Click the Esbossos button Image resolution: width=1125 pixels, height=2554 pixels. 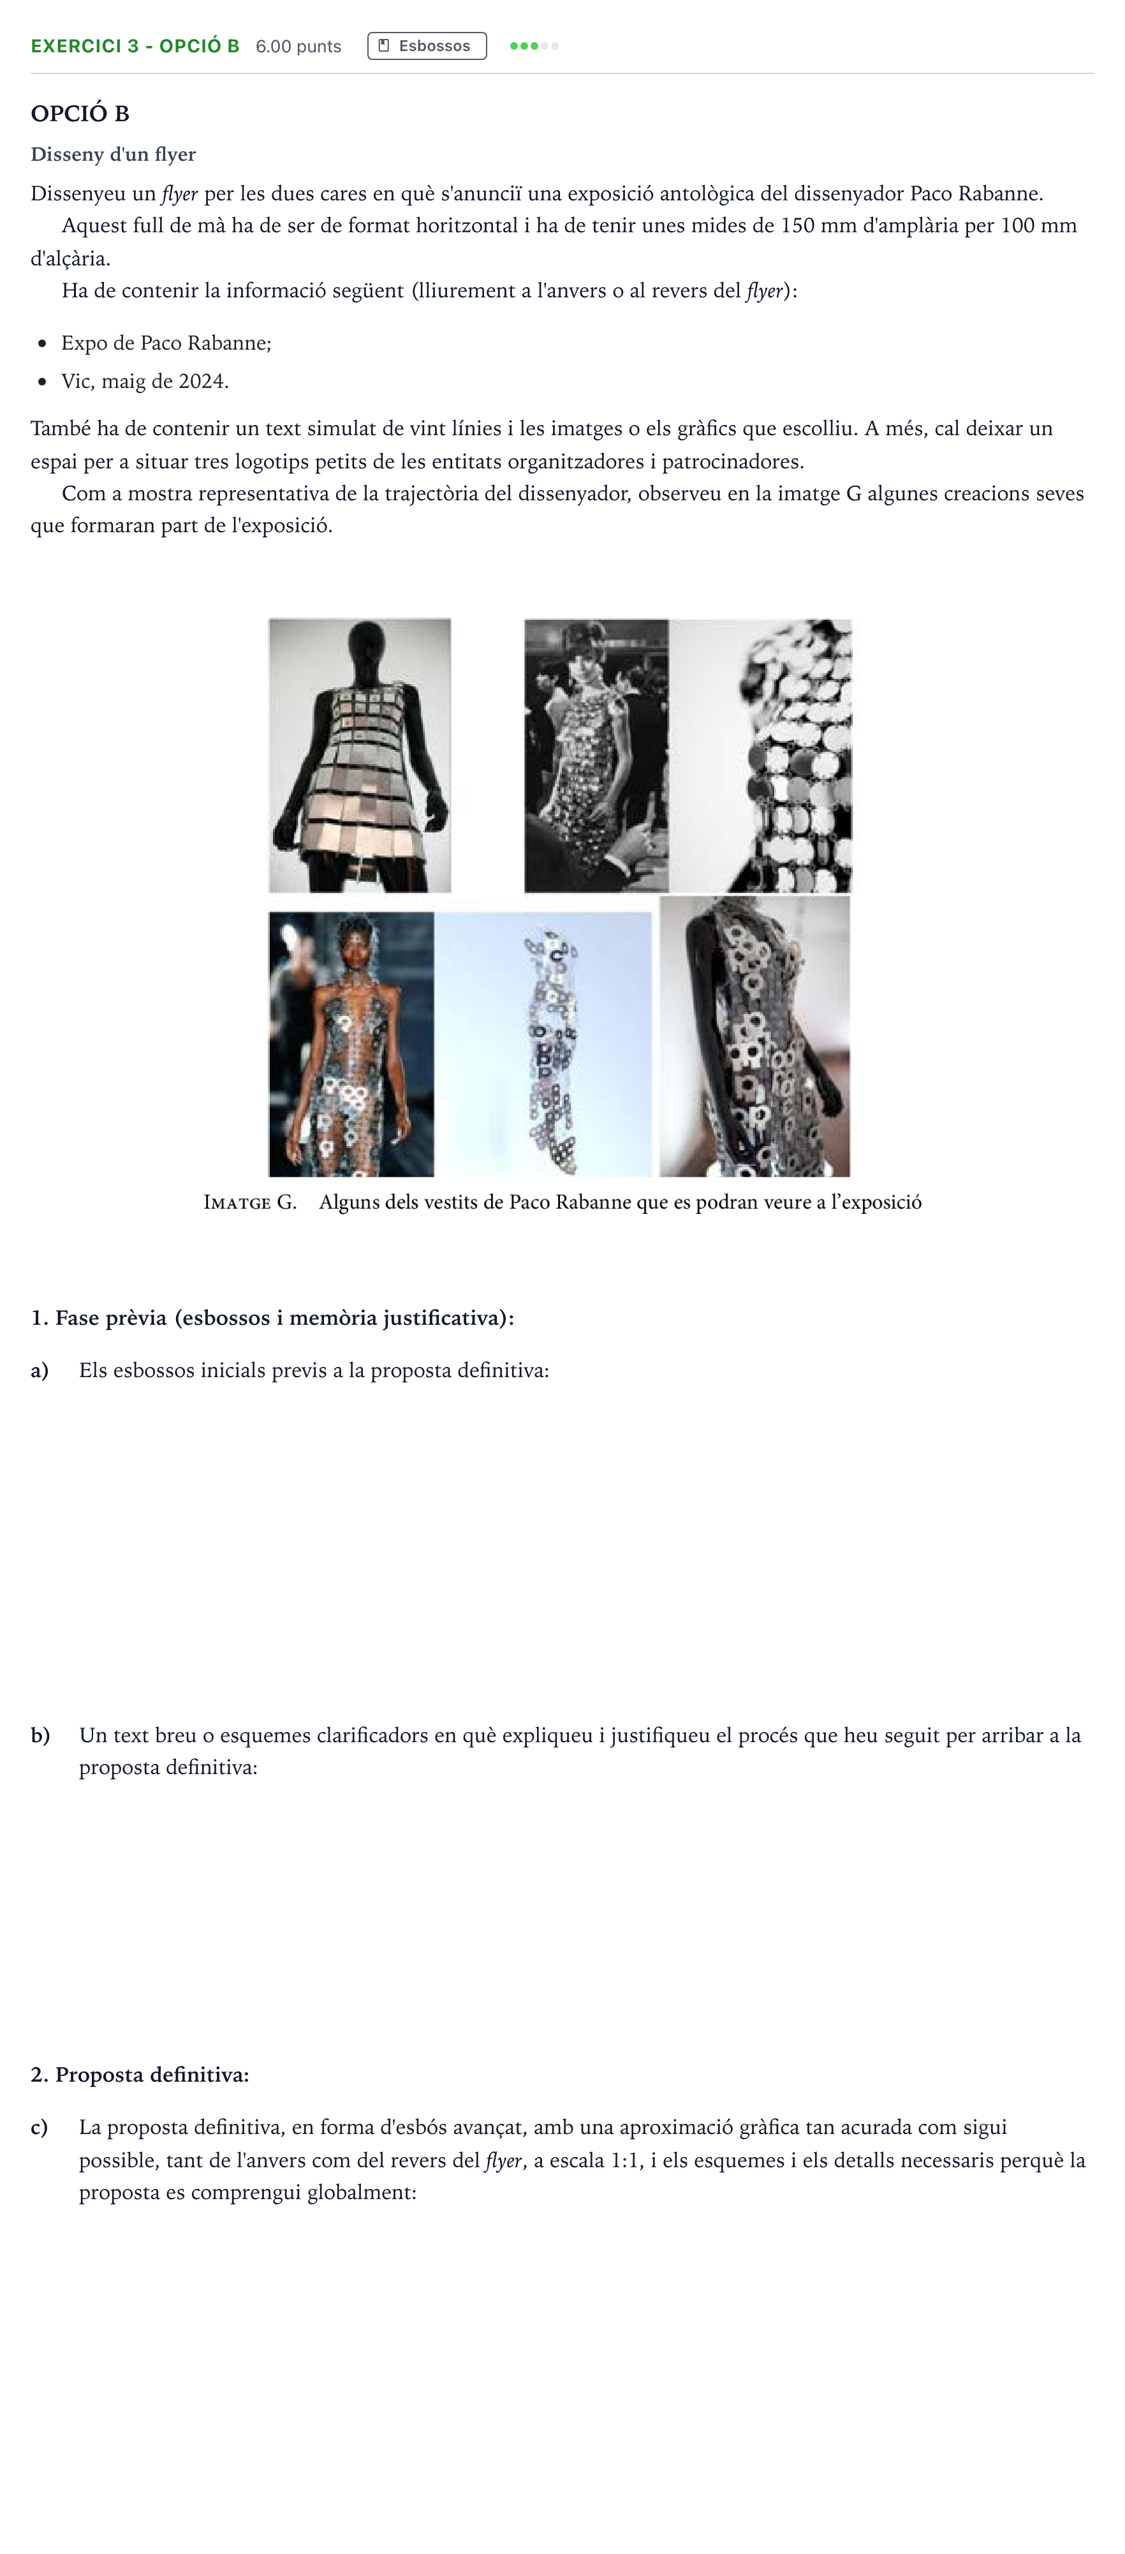[427, 45]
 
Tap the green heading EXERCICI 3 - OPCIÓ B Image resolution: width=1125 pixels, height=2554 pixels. [135, 45]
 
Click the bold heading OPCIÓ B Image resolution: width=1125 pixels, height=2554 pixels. [80, 113]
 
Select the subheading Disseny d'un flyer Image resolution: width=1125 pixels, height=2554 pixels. [113, 154]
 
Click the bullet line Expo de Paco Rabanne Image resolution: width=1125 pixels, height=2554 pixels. [166, 343]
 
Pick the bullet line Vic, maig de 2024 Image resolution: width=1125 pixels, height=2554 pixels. [145, 381]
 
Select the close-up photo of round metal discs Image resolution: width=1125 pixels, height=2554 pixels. [760, 756]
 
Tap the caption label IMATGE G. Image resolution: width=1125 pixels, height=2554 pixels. [250, 1202]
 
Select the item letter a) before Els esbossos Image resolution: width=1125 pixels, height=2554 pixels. [40, 1370]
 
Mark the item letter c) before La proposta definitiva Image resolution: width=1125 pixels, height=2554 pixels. [40, 2126]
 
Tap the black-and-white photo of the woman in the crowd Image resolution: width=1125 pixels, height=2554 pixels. [596, 756]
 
